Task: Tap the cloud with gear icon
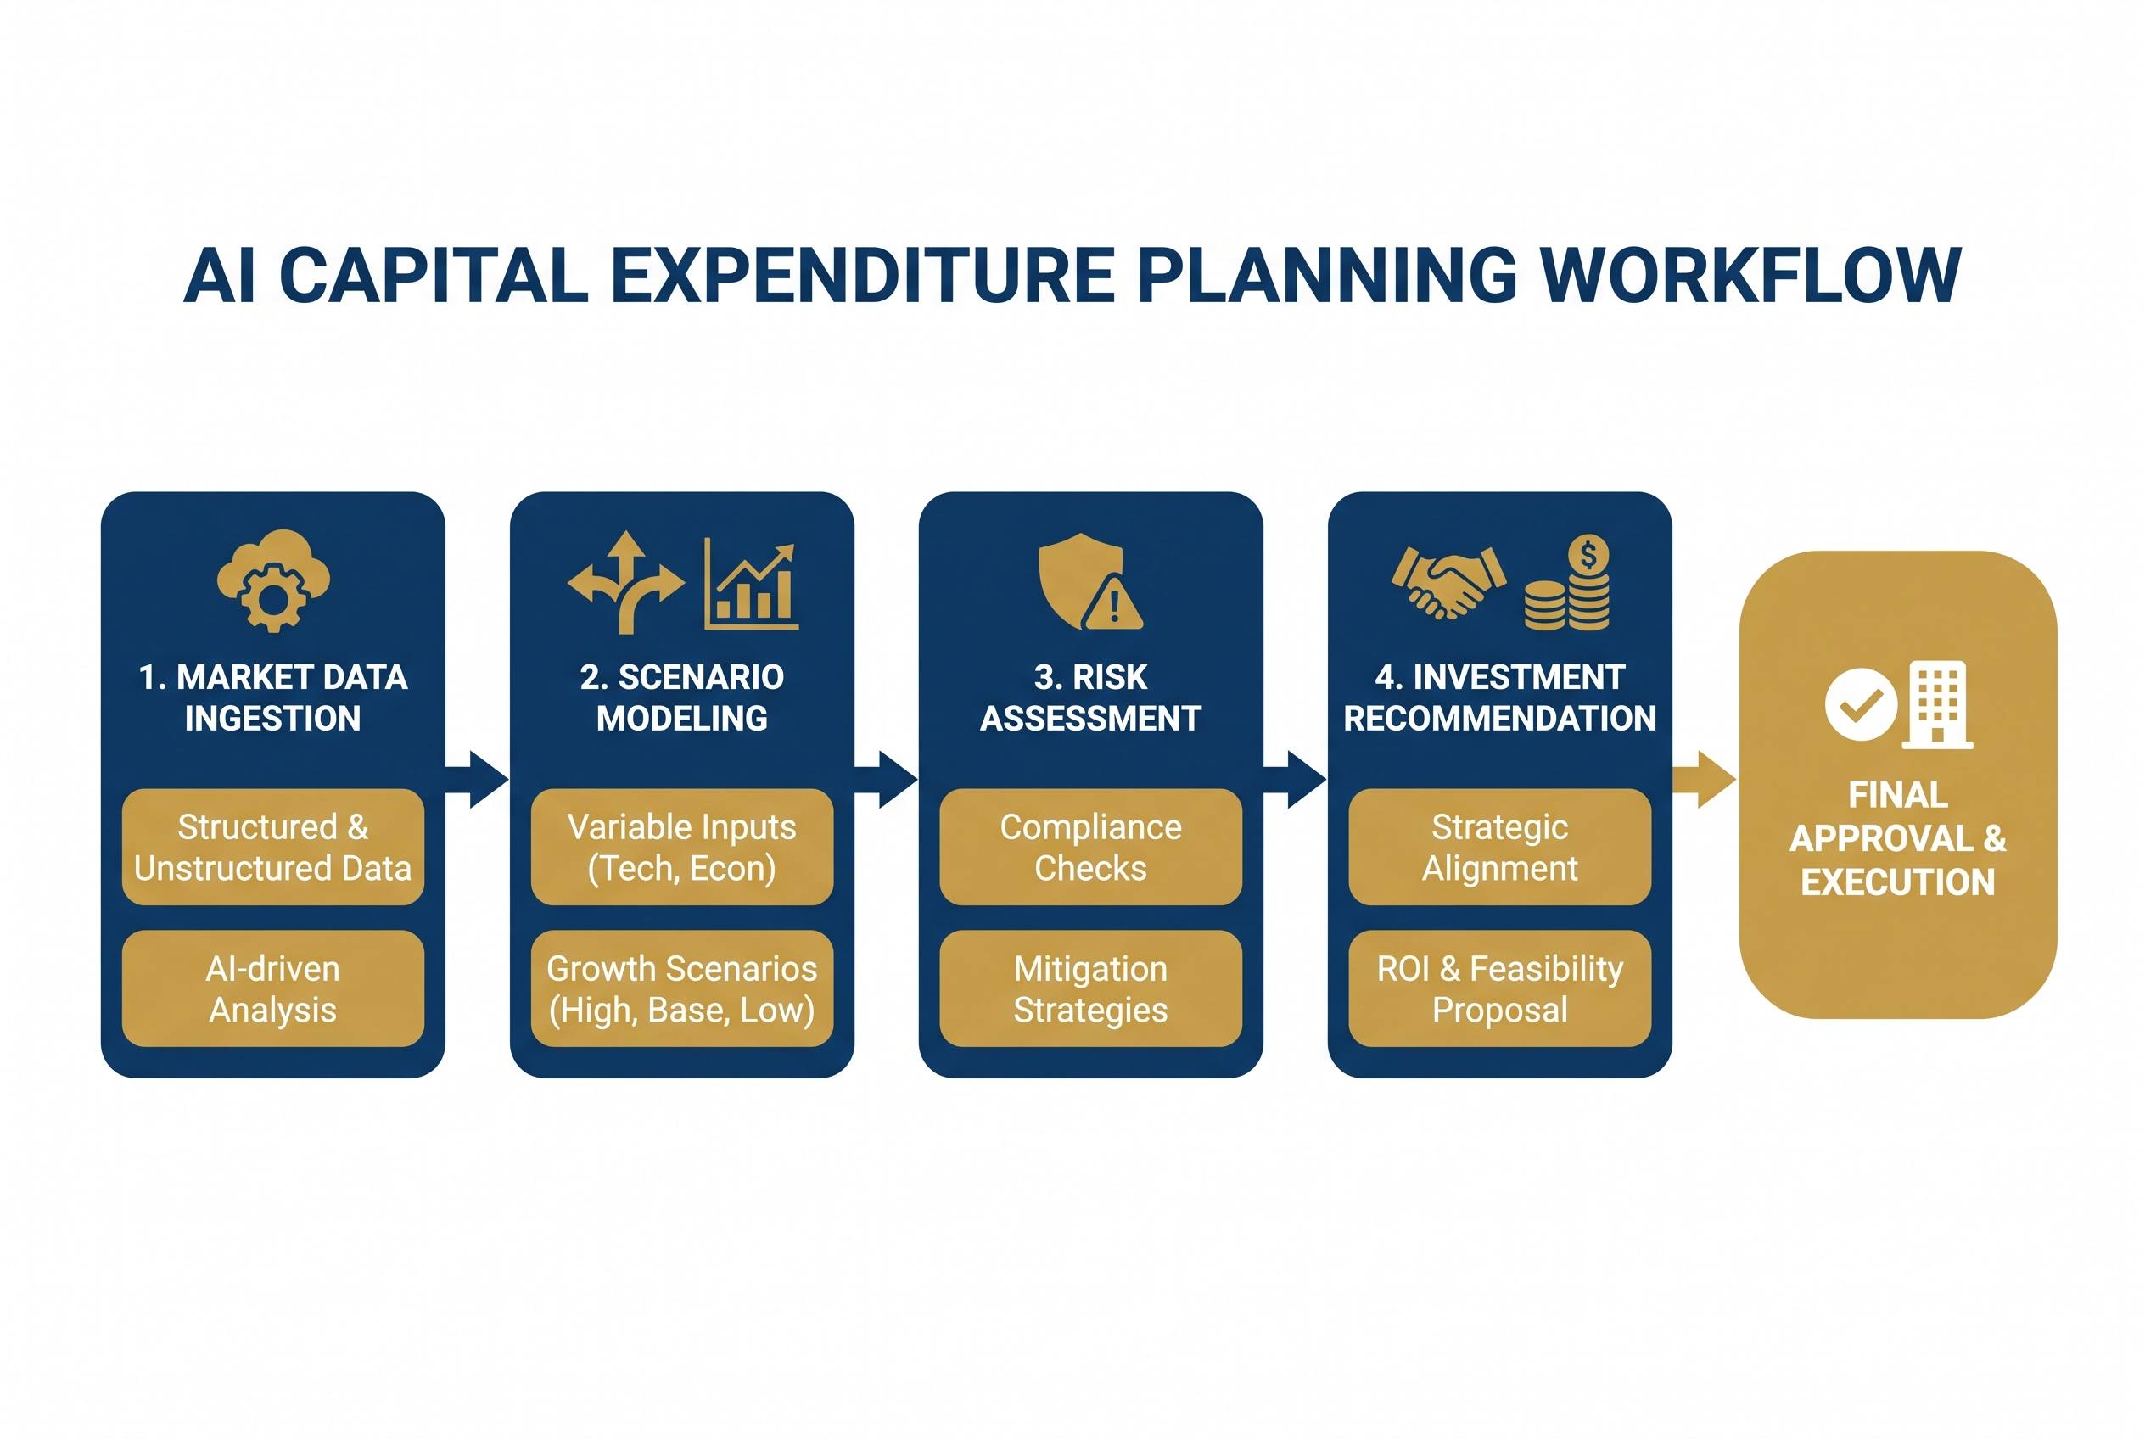[273, 580]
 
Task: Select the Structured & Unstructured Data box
[273, 847]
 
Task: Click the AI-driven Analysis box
[273, 988]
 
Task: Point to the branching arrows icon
[626, 582]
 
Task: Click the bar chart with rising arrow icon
[751, 584]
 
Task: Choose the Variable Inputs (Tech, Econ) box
[682, 847]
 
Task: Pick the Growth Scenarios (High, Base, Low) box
[682, 988]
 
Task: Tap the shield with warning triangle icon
[1089, 582]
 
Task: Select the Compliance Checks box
[1091, 847]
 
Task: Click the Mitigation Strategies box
[1091, 988]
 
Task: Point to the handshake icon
[1448, 582]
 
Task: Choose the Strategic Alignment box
[1500, 847]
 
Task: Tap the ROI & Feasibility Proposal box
[1500, 988]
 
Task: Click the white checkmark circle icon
[1861, 705]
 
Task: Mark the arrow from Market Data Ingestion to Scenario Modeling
[476, 779]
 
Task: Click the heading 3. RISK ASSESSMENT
[1090, 697]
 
